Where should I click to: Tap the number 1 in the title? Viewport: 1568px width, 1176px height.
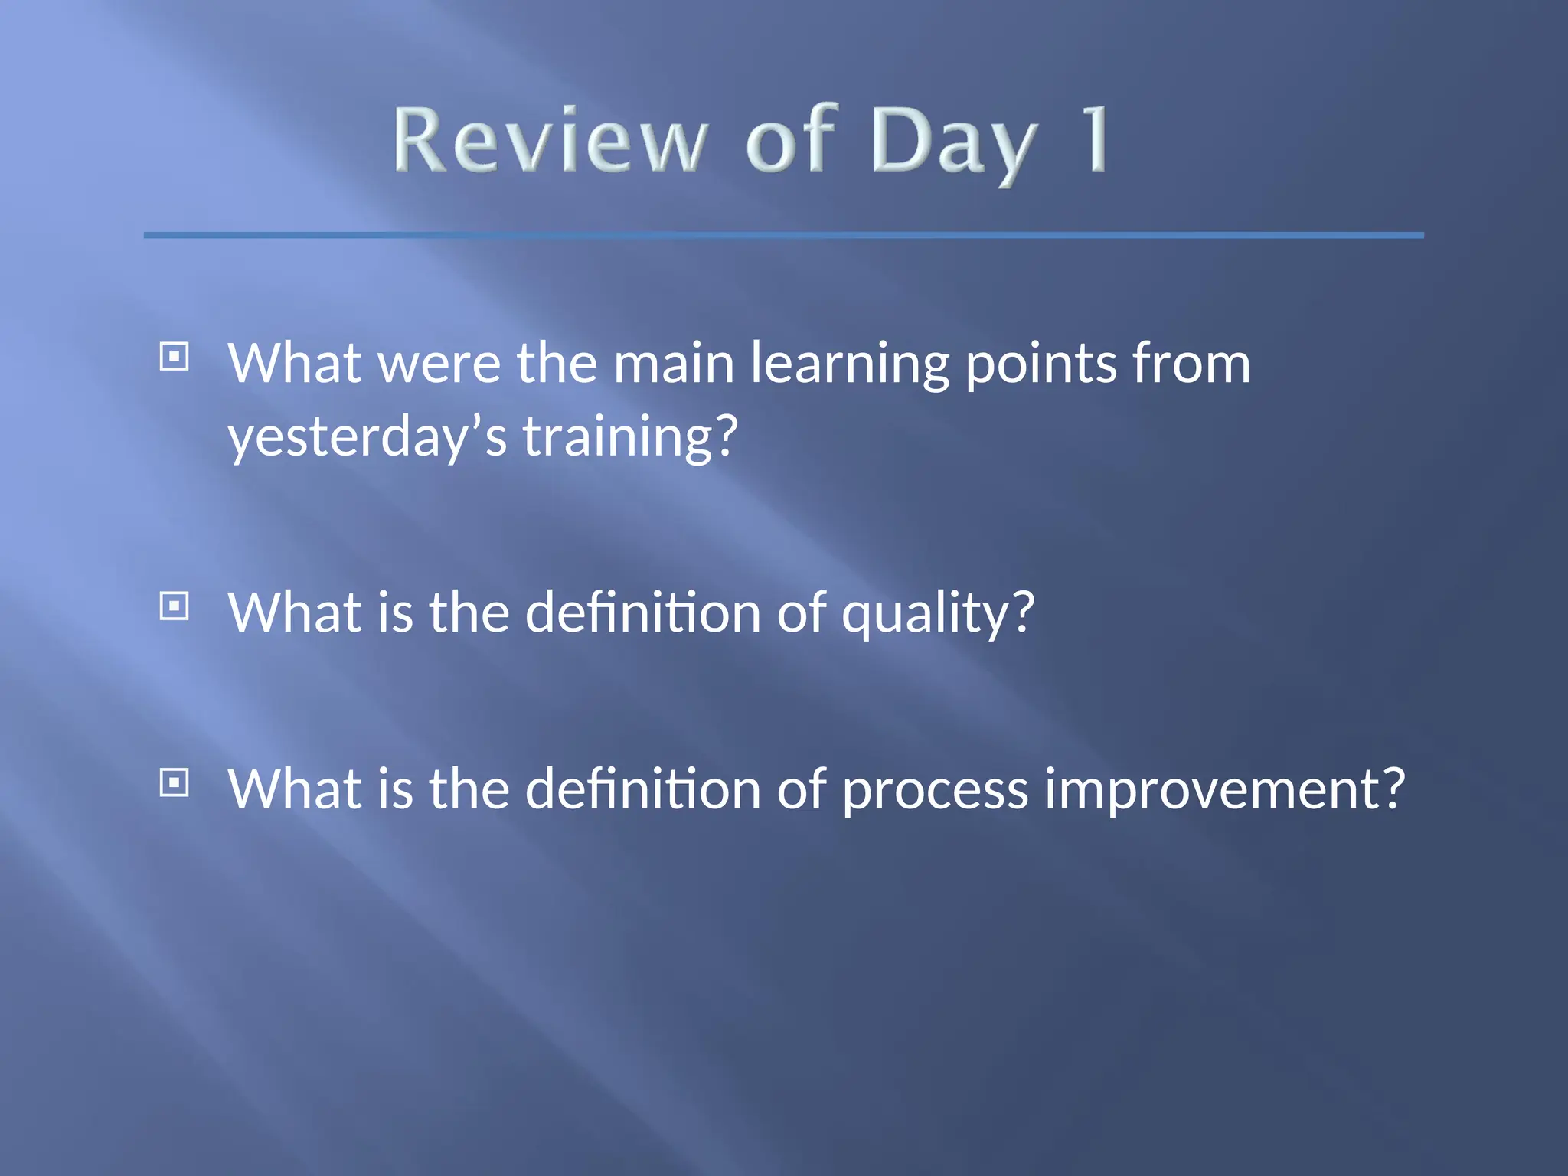(1096, 139)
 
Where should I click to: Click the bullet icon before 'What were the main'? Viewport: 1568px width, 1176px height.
(175, 357)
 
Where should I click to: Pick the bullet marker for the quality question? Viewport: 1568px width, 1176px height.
(175, 607)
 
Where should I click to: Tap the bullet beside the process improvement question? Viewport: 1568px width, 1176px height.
(175, 783)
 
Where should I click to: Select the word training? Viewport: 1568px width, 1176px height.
(630, 437)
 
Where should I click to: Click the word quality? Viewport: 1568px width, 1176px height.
(938, 614)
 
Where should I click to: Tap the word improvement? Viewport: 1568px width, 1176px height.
(1225, 790)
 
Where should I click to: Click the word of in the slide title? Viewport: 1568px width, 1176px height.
(789, 139)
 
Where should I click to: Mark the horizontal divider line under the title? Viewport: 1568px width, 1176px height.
(784, 235)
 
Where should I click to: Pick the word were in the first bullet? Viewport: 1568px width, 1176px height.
(439, 364)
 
